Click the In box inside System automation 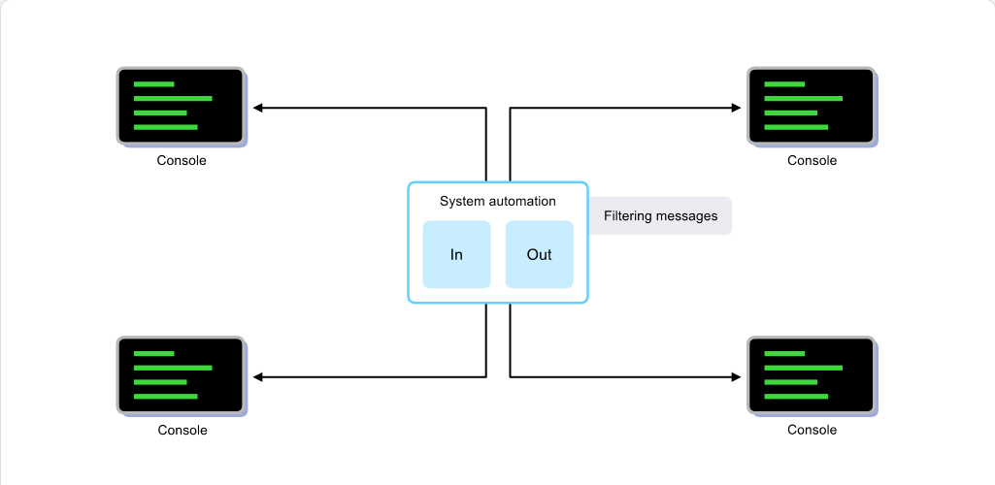click(x=456, y=254)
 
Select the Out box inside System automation click(x=540, y=254)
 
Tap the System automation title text click(x=497, y=202)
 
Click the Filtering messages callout click(x=660, y=215)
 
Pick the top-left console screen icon click(x=182, y=107)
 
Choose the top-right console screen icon click(x=813, y=107)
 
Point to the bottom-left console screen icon click(x=182, y=376)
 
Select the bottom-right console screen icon click(x=813, y=376)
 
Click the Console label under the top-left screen click(x=182, y=160)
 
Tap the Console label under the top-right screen click(x=813, y=160)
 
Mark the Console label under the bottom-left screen click(x=182, y=430)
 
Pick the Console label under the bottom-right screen click(x=813, y=430)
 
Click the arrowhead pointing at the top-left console click(x=257, y=108)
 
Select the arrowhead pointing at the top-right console click(x=736, y=108)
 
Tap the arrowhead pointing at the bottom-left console click(x=257, y=377)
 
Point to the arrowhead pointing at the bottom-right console click(x=736, y=377)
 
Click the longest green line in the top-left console click(x=173, y=98)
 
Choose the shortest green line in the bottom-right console click(x=784, y=353)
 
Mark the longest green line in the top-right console click(x=804, y=98)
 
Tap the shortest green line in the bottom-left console click(x=153, y=353)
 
